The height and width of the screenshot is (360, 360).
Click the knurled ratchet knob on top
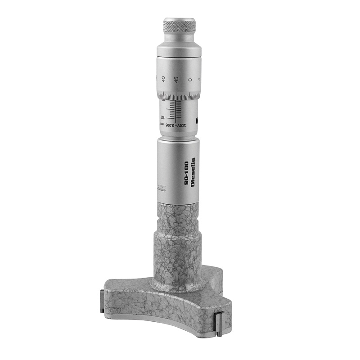(179, 28)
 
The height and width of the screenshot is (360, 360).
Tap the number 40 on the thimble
(163, 78)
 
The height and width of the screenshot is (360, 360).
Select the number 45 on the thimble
(176, 79)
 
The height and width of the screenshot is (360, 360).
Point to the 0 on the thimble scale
(190, 79)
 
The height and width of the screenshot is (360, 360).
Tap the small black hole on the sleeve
(198, 120)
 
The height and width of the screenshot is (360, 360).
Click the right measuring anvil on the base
(219, 324)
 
